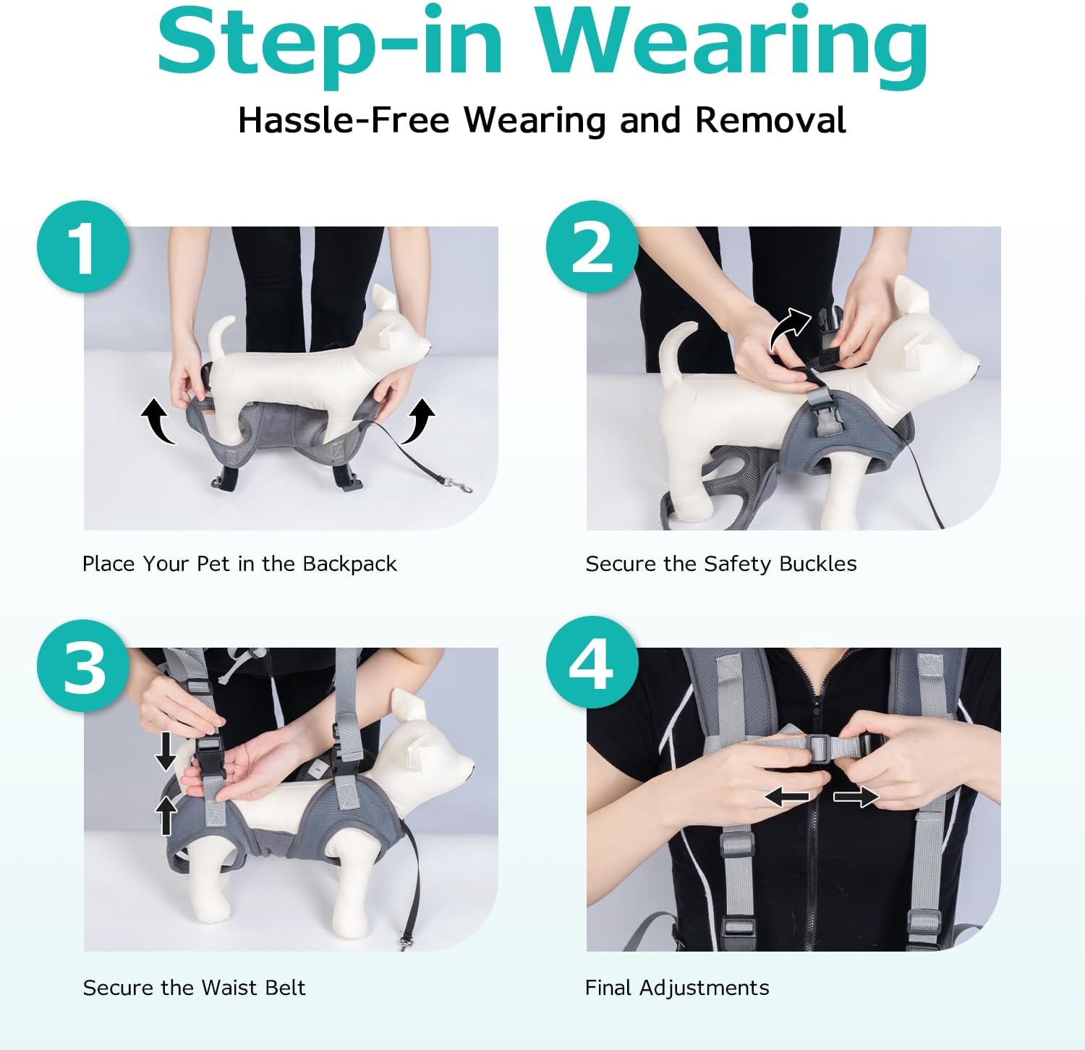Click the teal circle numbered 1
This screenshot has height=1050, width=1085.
84,247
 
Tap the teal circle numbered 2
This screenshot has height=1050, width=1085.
592,247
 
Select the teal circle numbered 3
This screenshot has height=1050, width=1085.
84,666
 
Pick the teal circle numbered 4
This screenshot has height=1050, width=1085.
592,663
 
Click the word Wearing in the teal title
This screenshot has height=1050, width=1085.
731,43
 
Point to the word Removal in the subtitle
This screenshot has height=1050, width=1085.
770,120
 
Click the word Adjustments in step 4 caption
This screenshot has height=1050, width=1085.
704,988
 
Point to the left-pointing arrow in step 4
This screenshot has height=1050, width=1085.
787,797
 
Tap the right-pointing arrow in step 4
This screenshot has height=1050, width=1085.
856,797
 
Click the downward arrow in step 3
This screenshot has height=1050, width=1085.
166,751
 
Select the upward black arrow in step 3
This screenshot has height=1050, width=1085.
166,815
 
